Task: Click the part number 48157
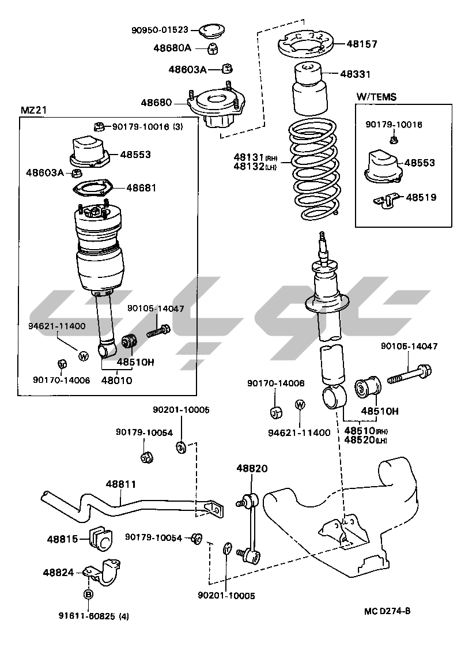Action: coord(361,44)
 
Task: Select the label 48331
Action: coord(355,74)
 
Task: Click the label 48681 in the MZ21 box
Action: coord(141,188)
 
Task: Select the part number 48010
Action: coord(116,381)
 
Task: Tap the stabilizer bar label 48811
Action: coord(121,485)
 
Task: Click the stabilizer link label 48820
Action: coord(252,469)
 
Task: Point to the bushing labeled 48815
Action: coord(100,538)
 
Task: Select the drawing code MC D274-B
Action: coord(387,611)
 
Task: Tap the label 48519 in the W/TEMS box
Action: coord(421,197)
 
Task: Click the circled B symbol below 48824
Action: coord(88,594)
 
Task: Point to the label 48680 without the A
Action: coord(156,103)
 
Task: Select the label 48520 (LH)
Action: coord(365,440)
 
